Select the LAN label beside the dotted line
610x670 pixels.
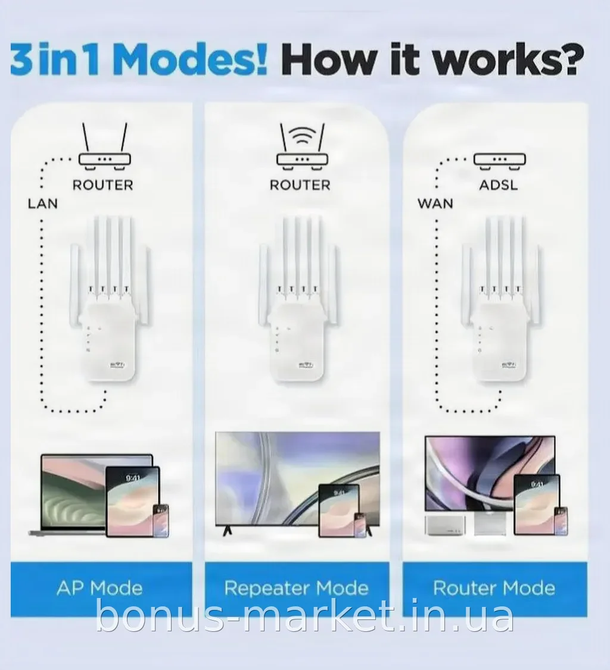click(43, 203)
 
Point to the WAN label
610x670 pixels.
click(435, 203)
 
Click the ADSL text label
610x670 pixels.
click(499, 185)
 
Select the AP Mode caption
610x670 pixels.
click(99, 588)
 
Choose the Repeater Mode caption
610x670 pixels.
click(297, 588)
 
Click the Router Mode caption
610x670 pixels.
click(494, 588)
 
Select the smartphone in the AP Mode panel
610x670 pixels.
click(161, 521)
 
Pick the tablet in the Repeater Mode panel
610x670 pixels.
click(339, 510)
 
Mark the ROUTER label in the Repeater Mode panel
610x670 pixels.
click(300, 185)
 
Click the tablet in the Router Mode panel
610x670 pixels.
click(537, 504)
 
